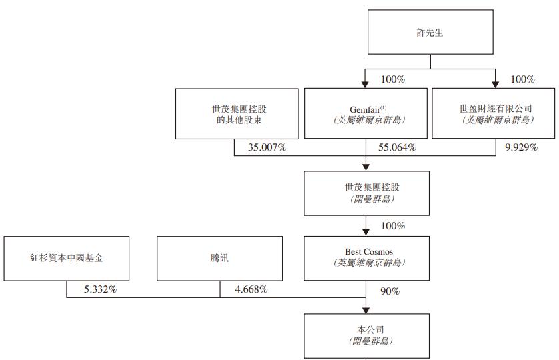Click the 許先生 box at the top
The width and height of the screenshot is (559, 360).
point(430,32)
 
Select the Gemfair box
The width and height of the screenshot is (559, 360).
point(366,113)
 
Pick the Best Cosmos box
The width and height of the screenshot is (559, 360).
point(366,257)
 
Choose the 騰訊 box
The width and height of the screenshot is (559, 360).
point(219,257)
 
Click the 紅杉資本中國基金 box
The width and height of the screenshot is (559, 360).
point(67,257)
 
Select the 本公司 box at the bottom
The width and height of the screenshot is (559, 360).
point(366,335)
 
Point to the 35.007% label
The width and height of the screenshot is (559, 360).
point(267,147)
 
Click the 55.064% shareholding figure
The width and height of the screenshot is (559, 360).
point(397,147)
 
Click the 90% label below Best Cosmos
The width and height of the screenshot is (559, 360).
point(390,291)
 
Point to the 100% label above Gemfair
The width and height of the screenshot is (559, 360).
point(392,79)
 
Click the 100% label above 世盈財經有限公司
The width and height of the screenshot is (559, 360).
point(522,79)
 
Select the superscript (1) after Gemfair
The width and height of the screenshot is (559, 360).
point(384,106)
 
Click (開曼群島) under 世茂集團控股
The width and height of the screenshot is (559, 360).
point(366,199)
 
